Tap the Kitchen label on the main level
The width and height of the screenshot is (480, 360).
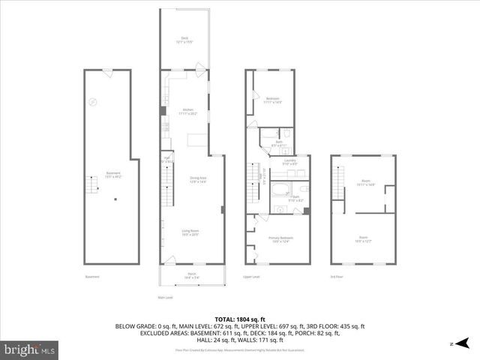point(188,112)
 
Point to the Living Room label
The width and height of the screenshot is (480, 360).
point(189,232)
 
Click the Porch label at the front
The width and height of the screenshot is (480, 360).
point(191,275)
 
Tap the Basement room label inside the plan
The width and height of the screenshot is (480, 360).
point(113,174)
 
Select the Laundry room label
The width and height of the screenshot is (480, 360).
point(289,161)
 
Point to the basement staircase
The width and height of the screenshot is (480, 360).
point(94,184)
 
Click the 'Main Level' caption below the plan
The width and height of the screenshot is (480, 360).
point(165,298)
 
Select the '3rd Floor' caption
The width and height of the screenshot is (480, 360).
point(337,277)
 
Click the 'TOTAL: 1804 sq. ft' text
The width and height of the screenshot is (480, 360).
point(239,319)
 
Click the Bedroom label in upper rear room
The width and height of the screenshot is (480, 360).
point(273,100)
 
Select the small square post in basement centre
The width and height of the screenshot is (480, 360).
point(115,199)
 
